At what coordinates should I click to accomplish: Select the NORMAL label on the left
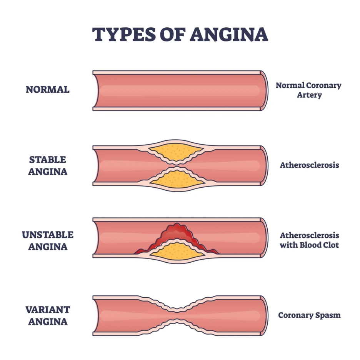[x=48, y=90]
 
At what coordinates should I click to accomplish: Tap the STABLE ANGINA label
[x=48, y=165]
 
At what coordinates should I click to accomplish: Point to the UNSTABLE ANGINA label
[x=48, y=240]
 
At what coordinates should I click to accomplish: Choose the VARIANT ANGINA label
[x=48, y=315]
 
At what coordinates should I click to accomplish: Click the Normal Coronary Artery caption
[x=308, y=90]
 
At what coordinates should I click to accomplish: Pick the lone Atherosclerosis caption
[x=309, y=165]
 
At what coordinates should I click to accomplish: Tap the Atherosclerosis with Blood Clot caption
[x=309, y=240]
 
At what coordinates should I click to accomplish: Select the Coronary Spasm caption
[x=309, y=315]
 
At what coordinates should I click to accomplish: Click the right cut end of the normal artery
[x=264, y=90]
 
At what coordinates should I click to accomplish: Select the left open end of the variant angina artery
[x=96, y=315]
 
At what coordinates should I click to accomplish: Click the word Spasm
[x=328, y=315]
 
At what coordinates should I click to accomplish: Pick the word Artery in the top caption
[x=309, y=95]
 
